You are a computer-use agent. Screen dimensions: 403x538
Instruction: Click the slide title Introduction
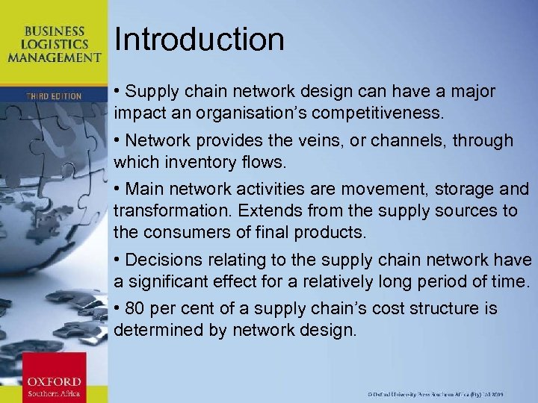point(200,40)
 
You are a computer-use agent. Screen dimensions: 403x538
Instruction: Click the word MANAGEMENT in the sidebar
point(55,57)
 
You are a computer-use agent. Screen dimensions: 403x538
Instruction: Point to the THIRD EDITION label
point(54,96)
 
